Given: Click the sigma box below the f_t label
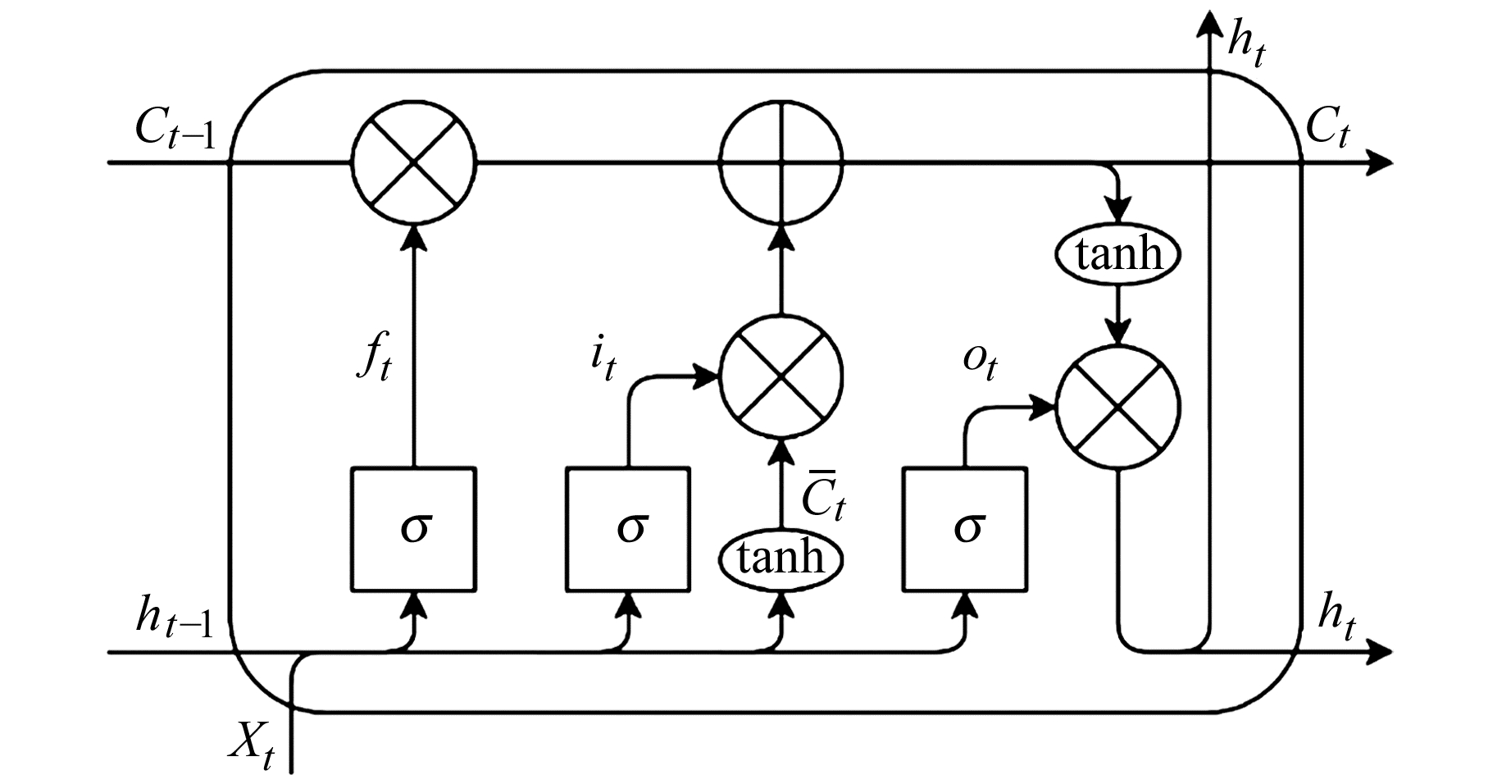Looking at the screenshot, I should (413, 529).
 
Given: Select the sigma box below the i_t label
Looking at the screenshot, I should (629, 529).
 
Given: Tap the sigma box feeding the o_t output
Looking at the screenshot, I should (966, 529).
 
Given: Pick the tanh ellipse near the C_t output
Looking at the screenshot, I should (1118, 255).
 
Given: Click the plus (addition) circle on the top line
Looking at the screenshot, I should (781, 162).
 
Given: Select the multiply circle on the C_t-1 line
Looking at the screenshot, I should (413, 162).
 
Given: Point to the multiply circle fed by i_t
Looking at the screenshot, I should (781, 376).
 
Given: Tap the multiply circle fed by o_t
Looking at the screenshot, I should (1118, 406).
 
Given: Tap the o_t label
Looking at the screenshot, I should (979, 363).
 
